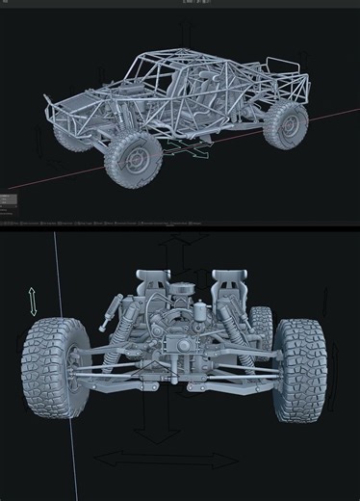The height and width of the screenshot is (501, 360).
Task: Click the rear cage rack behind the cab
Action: (288, 77)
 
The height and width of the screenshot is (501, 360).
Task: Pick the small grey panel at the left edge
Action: (8, 200)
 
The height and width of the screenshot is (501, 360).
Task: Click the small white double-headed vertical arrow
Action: (34, 301)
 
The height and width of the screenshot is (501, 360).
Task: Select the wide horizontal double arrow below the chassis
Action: (140, 461)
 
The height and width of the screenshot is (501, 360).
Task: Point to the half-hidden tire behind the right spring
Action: (261, 324)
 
